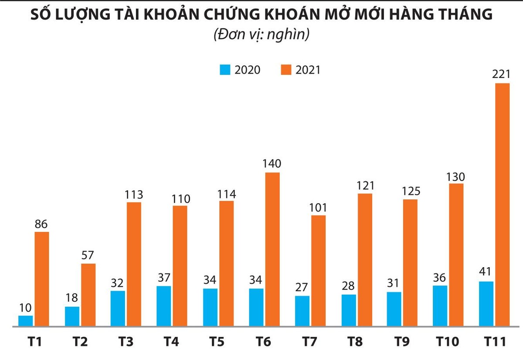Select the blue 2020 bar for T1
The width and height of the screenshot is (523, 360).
click(x=26, y=320)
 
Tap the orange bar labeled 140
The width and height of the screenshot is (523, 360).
click(x=272, y=249)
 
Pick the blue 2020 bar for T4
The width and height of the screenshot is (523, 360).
click(x=164, y=306)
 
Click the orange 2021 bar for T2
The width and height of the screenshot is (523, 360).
click(x=88, y=294)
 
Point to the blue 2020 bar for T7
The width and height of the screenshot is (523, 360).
click(x=302, y=310)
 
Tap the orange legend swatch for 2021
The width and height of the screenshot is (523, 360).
click(x=286, y=70)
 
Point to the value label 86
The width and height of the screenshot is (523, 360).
click(x=41, y=225)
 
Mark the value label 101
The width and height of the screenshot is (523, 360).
click(x=318, y=207)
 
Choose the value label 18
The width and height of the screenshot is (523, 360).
click(x=72, y=298)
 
